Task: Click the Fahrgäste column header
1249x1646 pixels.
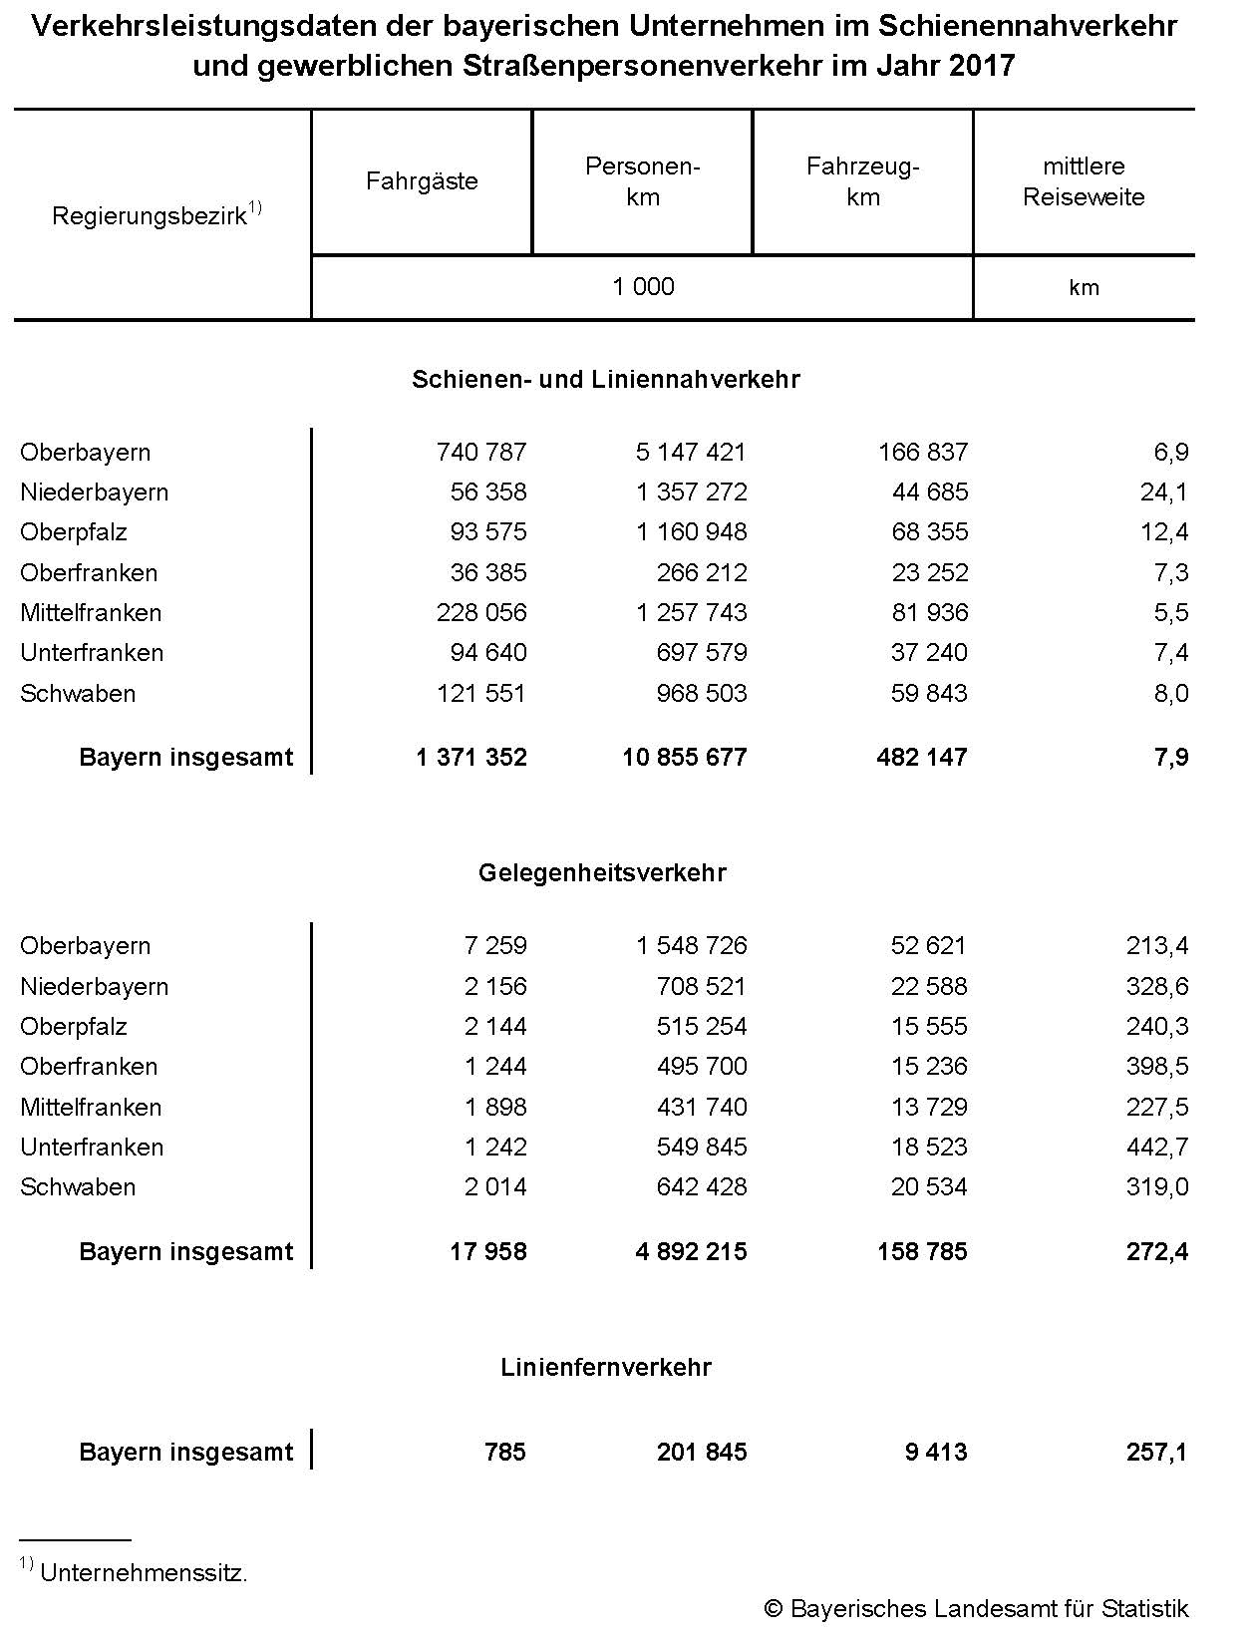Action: click(422, 181)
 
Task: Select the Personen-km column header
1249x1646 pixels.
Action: click(643, 181)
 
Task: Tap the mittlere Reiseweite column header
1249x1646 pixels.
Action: click(1084, 181)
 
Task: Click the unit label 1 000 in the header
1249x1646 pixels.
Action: click(643, 287)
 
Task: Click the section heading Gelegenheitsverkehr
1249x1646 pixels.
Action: click(602, 872)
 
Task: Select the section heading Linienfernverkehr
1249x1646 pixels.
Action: click(606, 1367)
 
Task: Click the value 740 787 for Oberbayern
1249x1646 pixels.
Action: click(481, 452)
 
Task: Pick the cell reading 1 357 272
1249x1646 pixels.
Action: click(691, 492)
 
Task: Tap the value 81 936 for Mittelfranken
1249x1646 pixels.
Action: click(929, 612)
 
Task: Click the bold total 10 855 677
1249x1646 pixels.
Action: click(684, 757)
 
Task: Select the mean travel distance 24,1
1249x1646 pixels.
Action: click(1164, 492)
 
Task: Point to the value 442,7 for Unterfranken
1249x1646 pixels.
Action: click(1157, 1147)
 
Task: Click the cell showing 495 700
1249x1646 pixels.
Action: click(702, 1066)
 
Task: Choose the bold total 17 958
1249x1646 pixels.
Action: click(487, 1251)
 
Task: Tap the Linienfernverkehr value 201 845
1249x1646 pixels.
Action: click(702, 1452)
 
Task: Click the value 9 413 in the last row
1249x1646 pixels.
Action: click(936, 1452)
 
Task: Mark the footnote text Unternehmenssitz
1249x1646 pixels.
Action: click(144, 1573)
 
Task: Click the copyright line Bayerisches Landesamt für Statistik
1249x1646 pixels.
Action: click(977, 1608)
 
